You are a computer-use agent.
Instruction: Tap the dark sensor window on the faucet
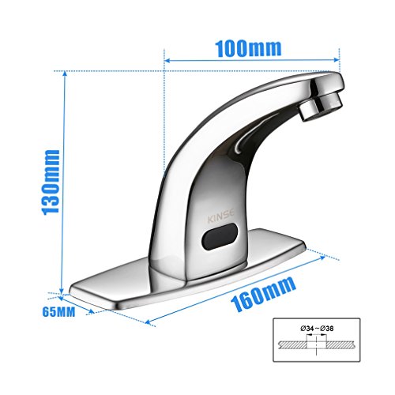click(x=221, y=234)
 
